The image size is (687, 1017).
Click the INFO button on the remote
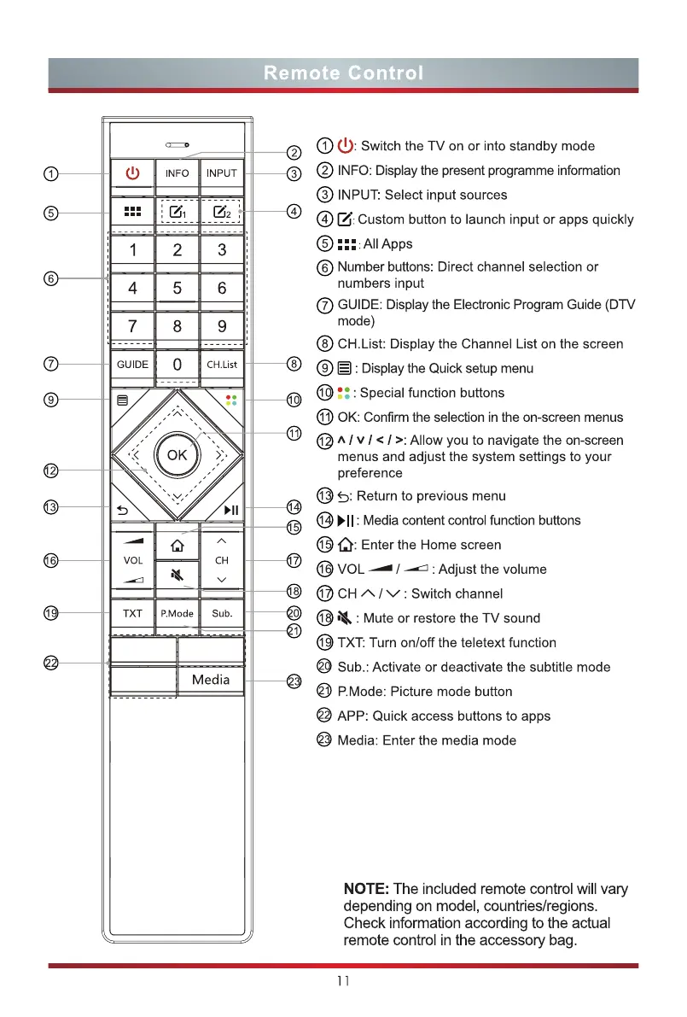[177, 173]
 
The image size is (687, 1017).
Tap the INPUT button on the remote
[222, 173]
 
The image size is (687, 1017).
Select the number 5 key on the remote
[177, 289]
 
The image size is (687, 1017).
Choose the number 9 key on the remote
[222, 326]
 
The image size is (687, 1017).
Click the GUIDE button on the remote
[132, 365]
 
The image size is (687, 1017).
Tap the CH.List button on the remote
[222, 365]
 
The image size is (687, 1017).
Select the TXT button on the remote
[132, 614]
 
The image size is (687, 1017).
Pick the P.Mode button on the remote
[177, 614]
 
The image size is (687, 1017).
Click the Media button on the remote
[211, 680]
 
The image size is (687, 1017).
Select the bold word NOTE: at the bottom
[366, 889]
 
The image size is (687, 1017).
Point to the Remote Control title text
[343, 73]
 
